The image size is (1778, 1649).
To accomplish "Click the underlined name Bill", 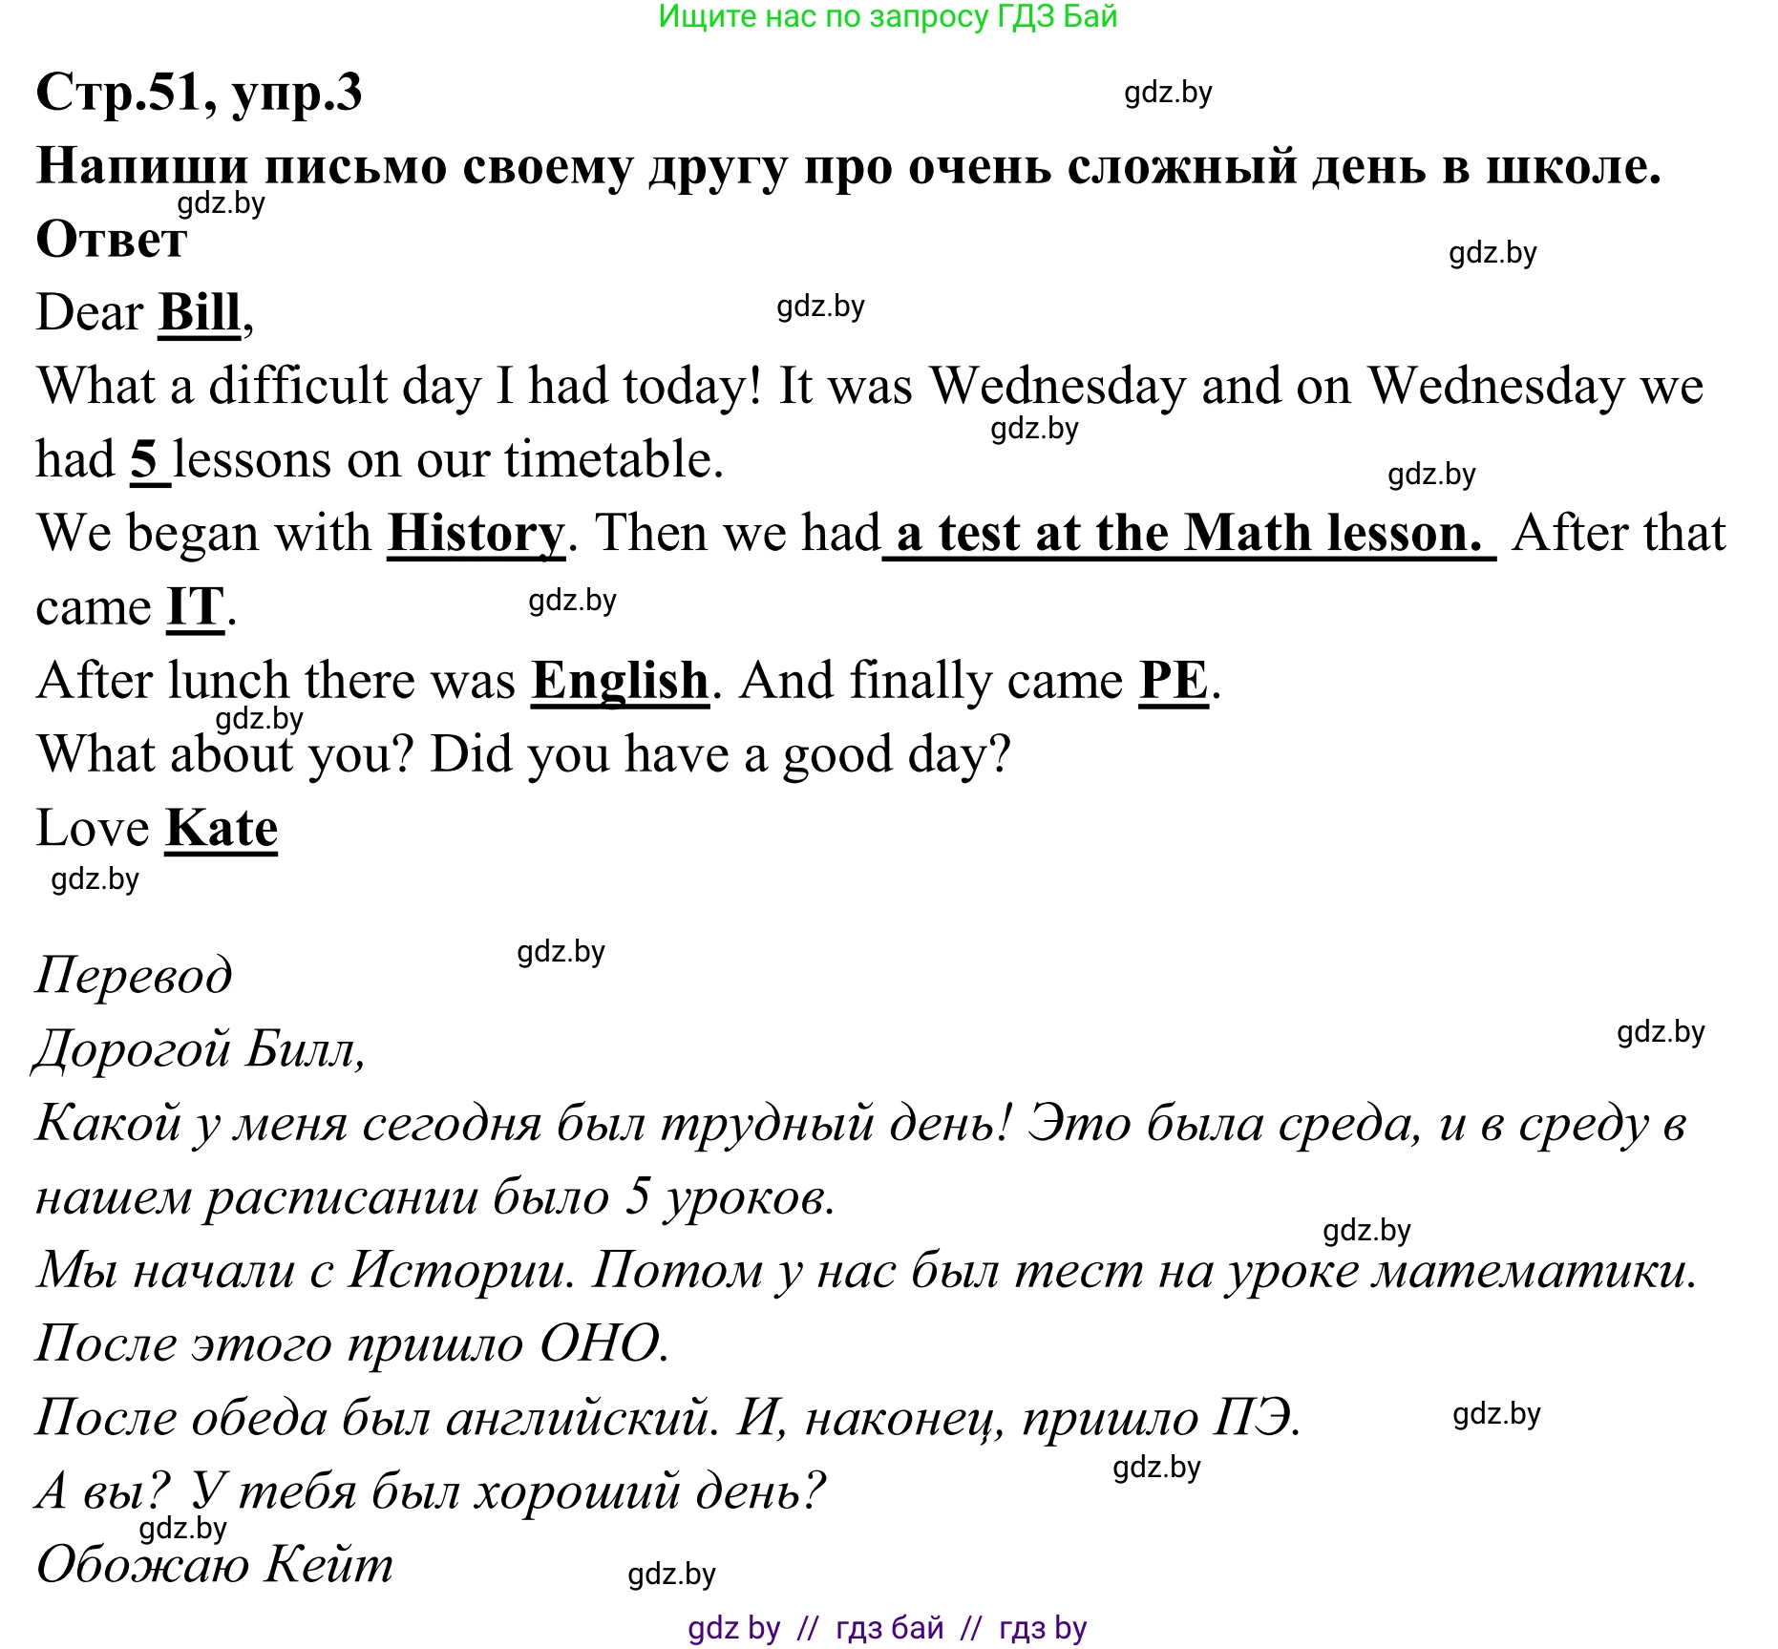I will tap(200, 312).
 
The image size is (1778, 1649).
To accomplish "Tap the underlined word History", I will tap(476, 533).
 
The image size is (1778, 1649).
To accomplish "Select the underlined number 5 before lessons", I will tap(144, 460).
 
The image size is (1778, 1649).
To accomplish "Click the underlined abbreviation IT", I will tap(196, 607).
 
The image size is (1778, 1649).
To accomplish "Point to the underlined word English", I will tap(620, 681).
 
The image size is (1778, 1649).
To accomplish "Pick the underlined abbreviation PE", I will tap(1174, 681).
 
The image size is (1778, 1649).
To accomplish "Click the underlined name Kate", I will tap(222, 828).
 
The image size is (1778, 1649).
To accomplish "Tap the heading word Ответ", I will tap(111, 239).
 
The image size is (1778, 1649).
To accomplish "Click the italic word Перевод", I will tap(134, 975).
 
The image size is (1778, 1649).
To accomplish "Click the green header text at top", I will tap(887, 16).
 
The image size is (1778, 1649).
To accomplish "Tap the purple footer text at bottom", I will tap(887, 1627).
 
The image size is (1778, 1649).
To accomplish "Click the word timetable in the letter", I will tap(613, 460).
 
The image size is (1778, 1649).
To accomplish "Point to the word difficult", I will tap(297, 387).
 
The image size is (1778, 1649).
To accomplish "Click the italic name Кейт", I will tap(329, 1565).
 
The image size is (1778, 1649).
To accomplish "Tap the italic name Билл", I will tap(304, 1049).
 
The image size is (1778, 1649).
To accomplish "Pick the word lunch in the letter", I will tap(229, 681).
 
